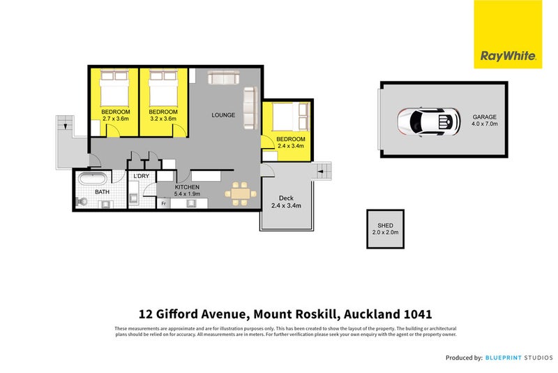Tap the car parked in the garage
pyautogui.click(x=428, y=122)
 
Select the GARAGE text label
pyautogui.click(x=485, y=117)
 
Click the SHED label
pyautogui.click(x=385, y=225)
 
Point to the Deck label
pyautogui.click(x=285, y=198)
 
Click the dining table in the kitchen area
pyautogui.click(x=239, y=193)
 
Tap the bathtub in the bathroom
pyautogui.click(x=93, y=179)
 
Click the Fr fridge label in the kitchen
pyautogui.click(x=164, y=203)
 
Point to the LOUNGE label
pyautogui.click(x=224, y=115)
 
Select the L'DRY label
pyautogui.click(x=142, y=176)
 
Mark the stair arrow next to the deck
pyautogui.click(x=322, y=169)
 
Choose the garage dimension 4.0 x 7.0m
pyautogui.click(x=485, y=124)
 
